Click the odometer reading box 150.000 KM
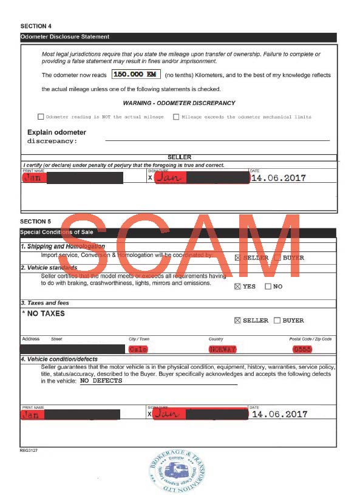(135, 74)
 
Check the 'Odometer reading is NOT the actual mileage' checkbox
(41, 117)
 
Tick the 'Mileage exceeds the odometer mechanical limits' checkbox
(176, 117)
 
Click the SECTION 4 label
(36, 26)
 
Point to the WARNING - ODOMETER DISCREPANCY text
(178, 103)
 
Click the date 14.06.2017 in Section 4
(279, 179)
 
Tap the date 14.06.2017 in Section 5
(279, 414)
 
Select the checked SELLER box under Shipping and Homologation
(237, 258)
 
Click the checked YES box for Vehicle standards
(237, 287)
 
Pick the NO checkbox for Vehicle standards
(268, 287)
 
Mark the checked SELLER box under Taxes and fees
(237, 321)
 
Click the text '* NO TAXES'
(43, 314)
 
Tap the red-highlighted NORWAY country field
(223, 349)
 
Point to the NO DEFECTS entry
(101, 381)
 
